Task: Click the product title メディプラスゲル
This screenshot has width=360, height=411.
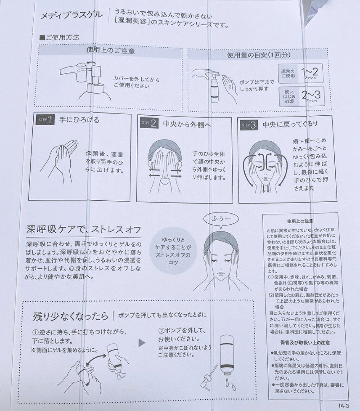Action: pyautogui.click(x=72, y=15)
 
